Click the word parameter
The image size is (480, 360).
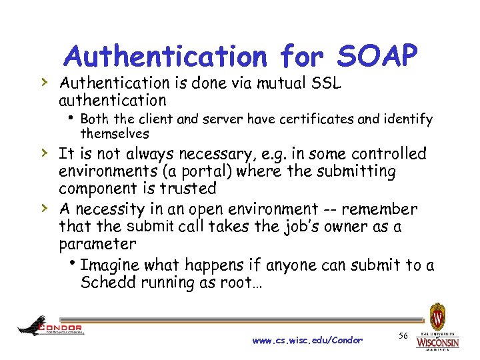[x=97, y=244]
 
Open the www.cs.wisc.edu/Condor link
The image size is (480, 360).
[x=307, y=340]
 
